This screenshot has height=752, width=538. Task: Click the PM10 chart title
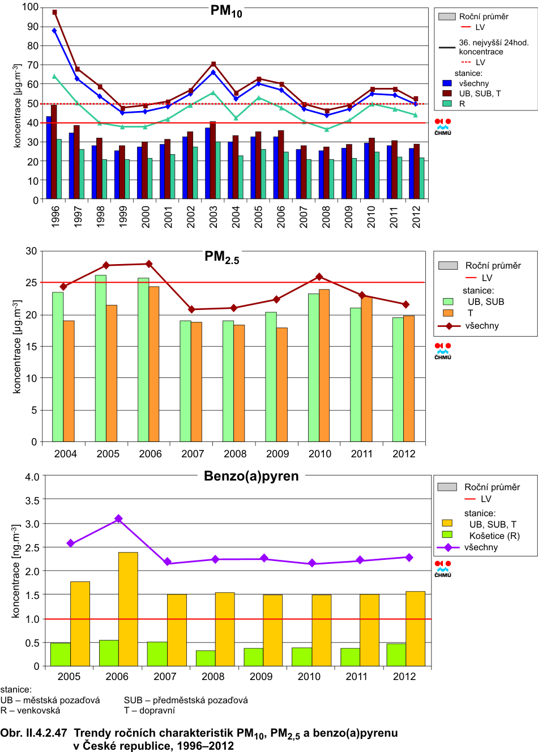(x=226, y=11)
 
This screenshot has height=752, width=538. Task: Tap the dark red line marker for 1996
(x=54, y=12)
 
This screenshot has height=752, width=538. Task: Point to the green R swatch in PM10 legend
(x=447, y=104)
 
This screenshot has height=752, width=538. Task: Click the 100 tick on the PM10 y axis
(x=31, y=7)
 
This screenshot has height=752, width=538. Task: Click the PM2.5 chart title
(x=221, y=257)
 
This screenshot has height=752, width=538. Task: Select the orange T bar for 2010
(x=324, y=366)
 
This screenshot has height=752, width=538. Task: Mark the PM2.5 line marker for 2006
(x=149, y=264)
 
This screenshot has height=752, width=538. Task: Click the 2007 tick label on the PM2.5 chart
(x=193, y=454)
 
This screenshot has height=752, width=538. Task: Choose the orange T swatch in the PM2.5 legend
(x=448, y=313)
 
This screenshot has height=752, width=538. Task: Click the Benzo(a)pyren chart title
(x=251, y=476)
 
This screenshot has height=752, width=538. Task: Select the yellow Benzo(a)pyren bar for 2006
(x=128, y=609)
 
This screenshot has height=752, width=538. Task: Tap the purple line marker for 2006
(x=118, y=519)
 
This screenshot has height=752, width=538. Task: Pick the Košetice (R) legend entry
(x=494, y=536)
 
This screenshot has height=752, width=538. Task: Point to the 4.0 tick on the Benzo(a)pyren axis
(x=32, y=477)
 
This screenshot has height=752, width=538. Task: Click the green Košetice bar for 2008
(x=206, y=658)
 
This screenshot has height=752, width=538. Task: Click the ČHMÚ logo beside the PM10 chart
(x=443, y=126)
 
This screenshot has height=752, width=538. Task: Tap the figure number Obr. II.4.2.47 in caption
(x=33, y=733)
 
